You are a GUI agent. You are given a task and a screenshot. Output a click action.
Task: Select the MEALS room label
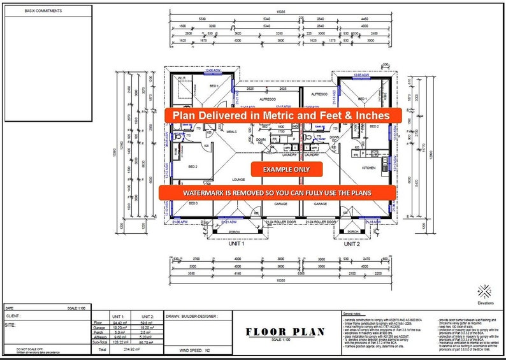(x=231, y=132)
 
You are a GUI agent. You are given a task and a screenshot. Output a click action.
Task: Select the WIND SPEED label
(x=174, y=350)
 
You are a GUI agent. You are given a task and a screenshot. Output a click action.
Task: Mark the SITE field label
(x=11, y=324)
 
